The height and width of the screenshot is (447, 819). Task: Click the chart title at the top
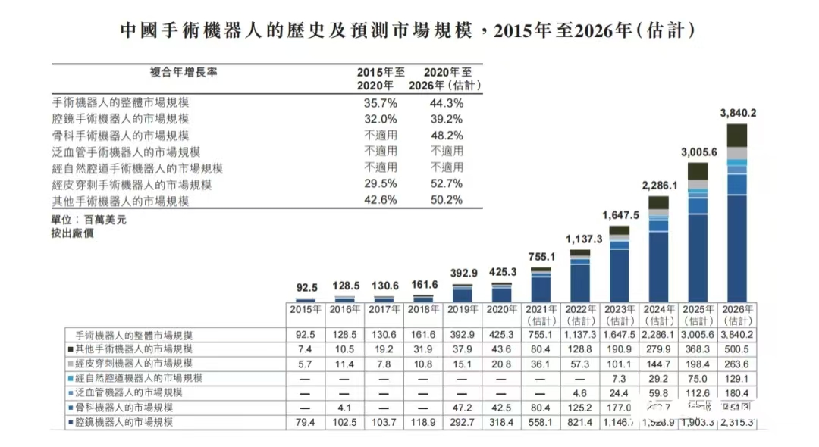point(409,31)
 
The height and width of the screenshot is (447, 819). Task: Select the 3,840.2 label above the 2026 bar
point(738,113)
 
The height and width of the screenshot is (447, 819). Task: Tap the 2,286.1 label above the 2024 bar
point(659,185)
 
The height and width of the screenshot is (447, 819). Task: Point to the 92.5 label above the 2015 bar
point(306,288)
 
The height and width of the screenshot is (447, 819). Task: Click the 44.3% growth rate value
point(447,102)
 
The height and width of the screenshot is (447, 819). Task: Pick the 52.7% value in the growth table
point(447,184)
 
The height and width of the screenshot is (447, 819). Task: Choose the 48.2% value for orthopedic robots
point(447,136)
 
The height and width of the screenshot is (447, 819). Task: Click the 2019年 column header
point(463,310)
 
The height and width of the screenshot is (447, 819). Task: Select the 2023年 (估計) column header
point(619,314)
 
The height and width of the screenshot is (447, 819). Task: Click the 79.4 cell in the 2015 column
point(306,421)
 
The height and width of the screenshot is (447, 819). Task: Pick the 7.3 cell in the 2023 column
point(620,378)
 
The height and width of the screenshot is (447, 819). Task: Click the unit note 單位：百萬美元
point(81,219)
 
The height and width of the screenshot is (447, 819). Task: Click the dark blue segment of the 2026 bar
point(737,250)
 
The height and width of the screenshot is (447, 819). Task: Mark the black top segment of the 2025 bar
point(698,171)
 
